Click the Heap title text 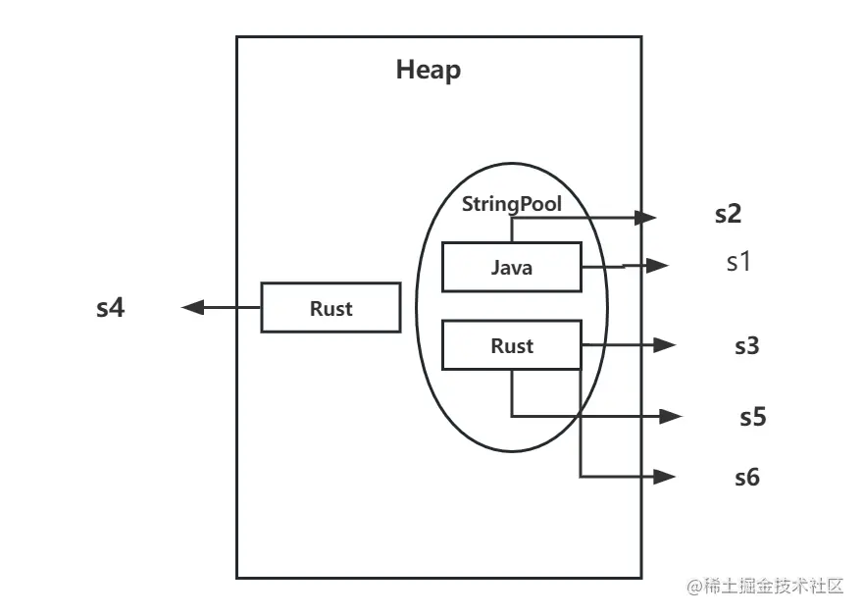click(428, 71)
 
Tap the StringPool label click(511, 205)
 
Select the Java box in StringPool click(512, 267)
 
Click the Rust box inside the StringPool click(512, 346)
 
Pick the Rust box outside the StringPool click(330, 308)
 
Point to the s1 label click(737, 263)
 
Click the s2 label click(728, 216)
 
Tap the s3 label click(747, 346)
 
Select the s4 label click(110, 308)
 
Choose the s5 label click(752, 417)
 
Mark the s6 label click(747, 478)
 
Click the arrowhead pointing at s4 click(192, 308)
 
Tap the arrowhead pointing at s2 click(647, 217)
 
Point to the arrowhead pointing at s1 click(659, 265)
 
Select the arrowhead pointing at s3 click(667, 345)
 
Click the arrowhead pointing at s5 click(672, 416)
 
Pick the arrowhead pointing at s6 click(667, 477)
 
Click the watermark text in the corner click(765, 587)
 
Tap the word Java click(512, 267)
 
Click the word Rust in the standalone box click(330, 308)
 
